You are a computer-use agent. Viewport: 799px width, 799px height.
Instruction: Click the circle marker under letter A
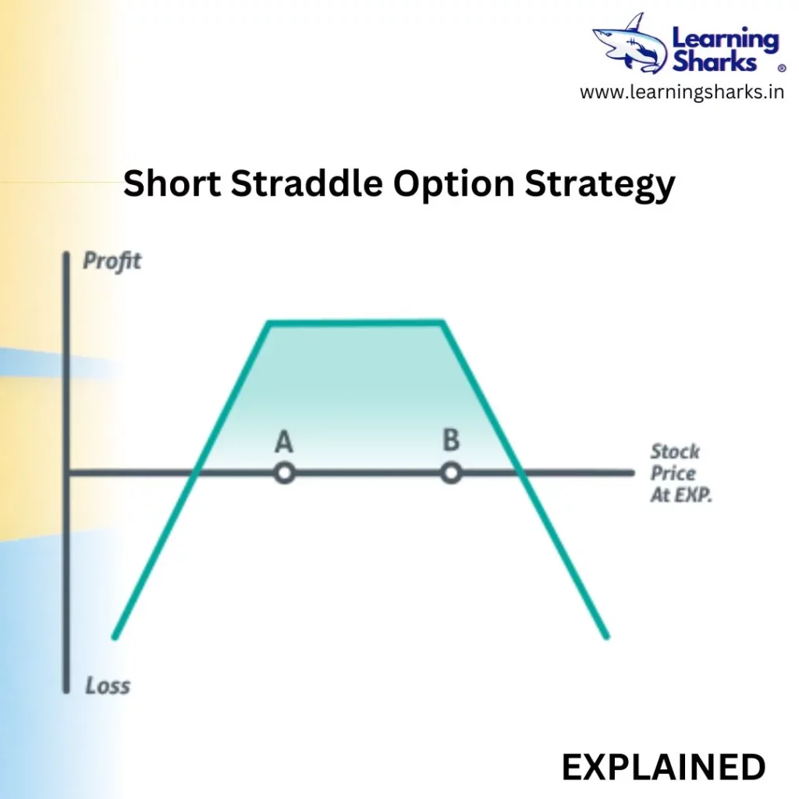pos(284,474)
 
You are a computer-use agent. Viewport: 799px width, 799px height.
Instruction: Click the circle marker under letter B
pos(451,474)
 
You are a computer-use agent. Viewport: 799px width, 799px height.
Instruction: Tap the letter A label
pos(284,442)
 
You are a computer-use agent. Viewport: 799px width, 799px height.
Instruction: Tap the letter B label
pos(452,440)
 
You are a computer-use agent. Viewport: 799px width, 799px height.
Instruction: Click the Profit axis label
pos(112,261)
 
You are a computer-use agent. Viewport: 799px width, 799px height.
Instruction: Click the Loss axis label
pos(108,685)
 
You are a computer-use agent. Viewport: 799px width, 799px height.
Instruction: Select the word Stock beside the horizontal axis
pos(675,452)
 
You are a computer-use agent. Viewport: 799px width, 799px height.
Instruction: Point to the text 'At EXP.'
pos(681,495)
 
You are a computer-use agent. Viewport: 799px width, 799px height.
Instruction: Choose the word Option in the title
pos(453,186)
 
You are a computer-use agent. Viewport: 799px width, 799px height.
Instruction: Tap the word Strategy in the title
pos(600,186)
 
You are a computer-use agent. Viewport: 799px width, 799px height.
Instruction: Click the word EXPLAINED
pos(663,768)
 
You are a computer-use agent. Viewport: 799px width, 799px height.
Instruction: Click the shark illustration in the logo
pos(630,44)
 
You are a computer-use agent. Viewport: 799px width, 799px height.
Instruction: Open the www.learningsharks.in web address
pos(682,92)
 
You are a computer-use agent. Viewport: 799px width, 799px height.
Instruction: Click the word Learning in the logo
pos(726,39)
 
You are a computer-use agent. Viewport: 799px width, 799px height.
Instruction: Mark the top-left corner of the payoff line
pos(269,322)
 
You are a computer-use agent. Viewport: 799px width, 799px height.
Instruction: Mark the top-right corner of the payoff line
pos(442,321)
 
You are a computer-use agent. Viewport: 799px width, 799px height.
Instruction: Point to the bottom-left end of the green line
pos(115,637)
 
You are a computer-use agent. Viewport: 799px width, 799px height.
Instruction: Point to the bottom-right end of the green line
pos(607,637)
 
